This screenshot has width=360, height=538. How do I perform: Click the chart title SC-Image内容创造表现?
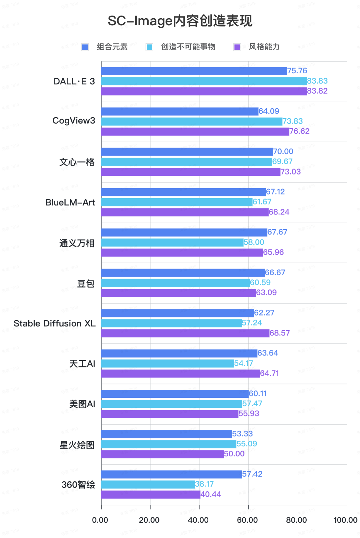180,21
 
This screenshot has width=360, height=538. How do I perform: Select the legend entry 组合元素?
112,47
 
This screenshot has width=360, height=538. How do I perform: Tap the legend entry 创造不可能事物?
188,47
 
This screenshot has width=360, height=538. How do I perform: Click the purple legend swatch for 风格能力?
237,47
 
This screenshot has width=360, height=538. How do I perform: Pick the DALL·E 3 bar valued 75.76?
194,71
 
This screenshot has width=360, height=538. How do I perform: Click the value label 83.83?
317,81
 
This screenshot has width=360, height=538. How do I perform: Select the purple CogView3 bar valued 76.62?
195,132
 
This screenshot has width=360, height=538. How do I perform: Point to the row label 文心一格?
77,162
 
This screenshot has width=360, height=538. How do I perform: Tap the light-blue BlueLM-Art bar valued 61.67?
177,202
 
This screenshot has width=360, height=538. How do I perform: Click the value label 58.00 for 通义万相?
254,242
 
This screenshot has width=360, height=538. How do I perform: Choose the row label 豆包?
86,283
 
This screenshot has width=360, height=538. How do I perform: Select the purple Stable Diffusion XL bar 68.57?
185,333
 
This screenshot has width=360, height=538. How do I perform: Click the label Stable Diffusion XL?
54,323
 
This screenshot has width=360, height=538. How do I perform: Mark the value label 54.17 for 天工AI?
243,363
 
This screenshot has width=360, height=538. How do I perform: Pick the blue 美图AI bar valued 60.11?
175,394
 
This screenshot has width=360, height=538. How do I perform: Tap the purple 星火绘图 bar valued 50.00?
162,454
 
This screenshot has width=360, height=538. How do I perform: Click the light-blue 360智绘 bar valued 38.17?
148,484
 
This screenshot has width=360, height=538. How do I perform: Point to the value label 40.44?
211,494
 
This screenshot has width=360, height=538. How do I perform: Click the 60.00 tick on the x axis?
247,520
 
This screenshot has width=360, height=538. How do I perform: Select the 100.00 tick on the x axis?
345,520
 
